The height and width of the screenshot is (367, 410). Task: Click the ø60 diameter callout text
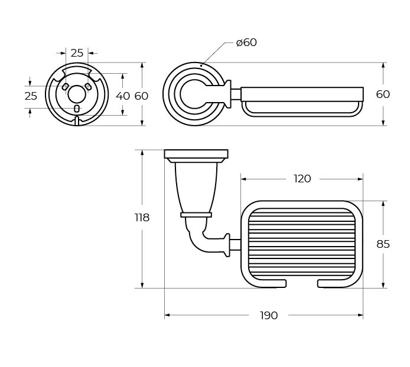[246, 42]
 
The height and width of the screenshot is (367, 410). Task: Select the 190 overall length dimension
[269, 316]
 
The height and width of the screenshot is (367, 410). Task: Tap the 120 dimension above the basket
[302, 179]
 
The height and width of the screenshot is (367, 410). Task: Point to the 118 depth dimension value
[142, 218]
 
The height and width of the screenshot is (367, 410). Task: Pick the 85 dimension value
[383, 244]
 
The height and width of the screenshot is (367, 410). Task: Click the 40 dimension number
[123, 96]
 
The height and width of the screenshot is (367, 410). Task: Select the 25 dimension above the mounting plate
[77, 53]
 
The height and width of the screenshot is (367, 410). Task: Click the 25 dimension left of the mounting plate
[31, 96]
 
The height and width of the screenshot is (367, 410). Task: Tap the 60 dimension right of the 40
[141, 96]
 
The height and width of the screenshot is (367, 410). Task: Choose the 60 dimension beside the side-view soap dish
[383, 94]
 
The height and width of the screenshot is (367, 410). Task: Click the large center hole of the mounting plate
[76, 94]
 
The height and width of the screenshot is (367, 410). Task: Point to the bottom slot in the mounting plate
[77, 109]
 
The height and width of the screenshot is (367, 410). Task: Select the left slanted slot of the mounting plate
[65, 87]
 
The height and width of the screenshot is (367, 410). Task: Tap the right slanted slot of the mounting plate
[88, 87]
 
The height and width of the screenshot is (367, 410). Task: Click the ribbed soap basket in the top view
[302, 244]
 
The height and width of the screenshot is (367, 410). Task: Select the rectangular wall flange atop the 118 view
[196, 155]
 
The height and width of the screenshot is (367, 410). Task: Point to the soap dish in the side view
[302, 100]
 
